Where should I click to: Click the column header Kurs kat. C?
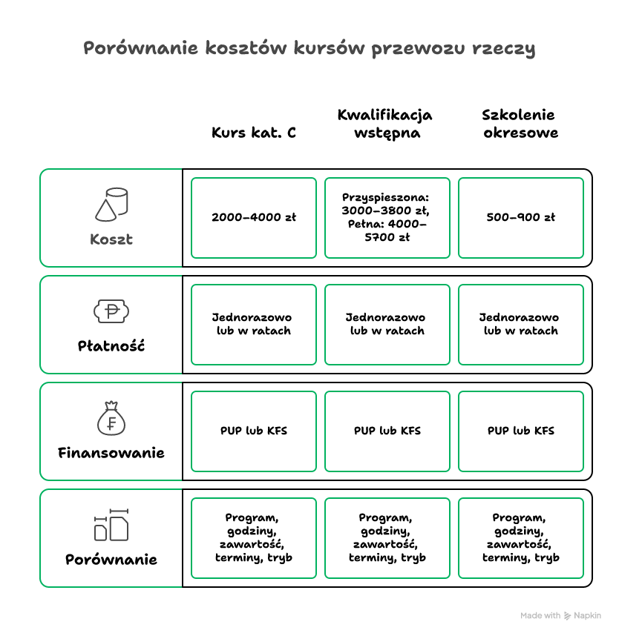pyautogui.click(x=253, y=133)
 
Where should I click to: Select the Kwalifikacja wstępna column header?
pyautogui.click(x=385, y=124)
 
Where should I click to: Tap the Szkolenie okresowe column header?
pyautogui.click(x=520, y=124)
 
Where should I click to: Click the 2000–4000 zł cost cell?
pyautogui.click(x=253, y=218)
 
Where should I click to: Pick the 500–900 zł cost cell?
pyautogui.click(x=521, y=218)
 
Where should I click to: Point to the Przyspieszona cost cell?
pyautogui.click(x=387, y=218)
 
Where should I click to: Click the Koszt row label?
pyautogui.click(x=111, y=239)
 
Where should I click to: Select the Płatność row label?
pyautogui.click(x=111, y=346)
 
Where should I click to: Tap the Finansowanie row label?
pyautogui.click(x=111, y=453)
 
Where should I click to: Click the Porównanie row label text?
pyautogui.click(x=111, y=560)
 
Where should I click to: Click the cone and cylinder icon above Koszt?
pyautogui.click(x=111, y=205)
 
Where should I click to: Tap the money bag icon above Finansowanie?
pyautogui.click(x=111, y=418)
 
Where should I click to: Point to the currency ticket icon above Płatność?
pyautogui.click(x=111, y=311)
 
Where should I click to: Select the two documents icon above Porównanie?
pyautogui.click(x=111, y=525)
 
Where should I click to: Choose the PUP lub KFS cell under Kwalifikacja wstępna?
pyautogui.click(x=387, y=431)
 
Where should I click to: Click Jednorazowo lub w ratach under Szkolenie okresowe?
pyautogui.click(x=521, y=325)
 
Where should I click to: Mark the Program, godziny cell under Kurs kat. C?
pyautogui.click(x=253, y=538)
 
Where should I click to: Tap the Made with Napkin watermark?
pyautogui.click(x=560, y=616)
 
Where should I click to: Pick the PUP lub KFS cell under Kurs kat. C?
pyautogui.click(x=253, y=431)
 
